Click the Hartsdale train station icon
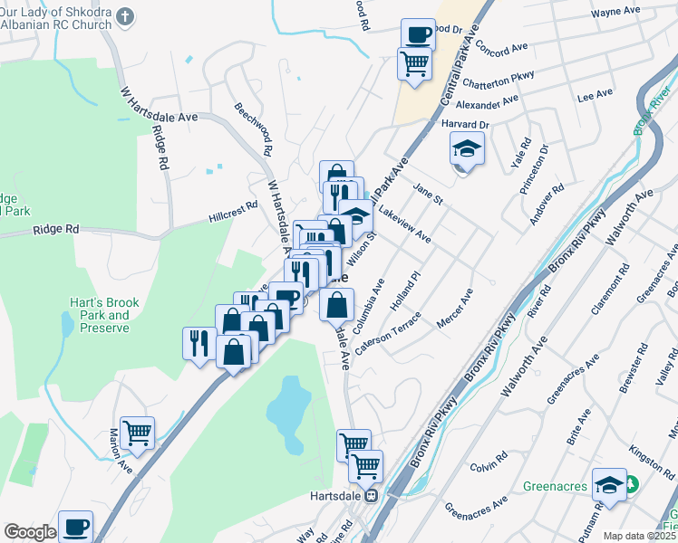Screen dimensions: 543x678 point(371,496)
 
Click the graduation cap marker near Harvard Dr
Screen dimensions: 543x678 point(468,148)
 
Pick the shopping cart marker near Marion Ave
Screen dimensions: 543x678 point(138,433)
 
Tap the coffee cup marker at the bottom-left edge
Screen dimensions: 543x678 point(76,526)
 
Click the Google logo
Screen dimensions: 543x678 point(30,532)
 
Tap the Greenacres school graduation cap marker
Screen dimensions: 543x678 point(610,485)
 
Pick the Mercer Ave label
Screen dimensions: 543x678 point(455,310)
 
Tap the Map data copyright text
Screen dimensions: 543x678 point(639,536)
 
